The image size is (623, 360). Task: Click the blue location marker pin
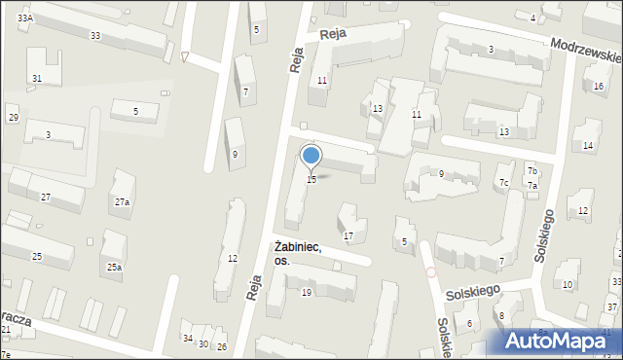[311, 156]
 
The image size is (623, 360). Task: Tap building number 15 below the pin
[311, 179]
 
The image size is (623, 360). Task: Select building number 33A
[24, 18]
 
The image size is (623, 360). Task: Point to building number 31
[37, 78]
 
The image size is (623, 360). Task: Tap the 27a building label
[122, 202]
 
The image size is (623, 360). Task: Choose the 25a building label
[115, 267]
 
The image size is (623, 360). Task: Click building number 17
[348, 236]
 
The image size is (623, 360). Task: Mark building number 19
[306, 292]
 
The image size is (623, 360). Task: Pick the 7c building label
[503, 182]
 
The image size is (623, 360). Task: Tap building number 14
[588, 146]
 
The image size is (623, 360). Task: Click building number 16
[599, 86]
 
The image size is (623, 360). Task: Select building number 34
[187, 338]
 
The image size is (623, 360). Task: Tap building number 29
[14, 118]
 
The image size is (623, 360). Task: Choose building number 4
[532, 18]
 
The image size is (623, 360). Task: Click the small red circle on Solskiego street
[430, 272]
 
